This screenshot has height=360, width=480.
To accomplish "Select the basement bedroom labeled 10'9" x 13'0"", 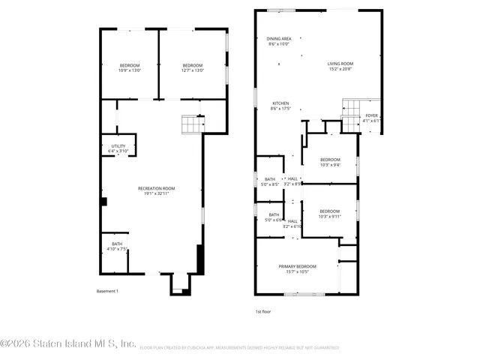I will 129,68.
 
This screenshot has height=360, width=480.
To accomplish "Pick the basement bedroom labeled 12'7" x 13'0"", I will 193,68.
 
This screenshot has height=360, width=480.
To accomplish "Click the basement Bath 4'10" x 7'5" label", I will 117,247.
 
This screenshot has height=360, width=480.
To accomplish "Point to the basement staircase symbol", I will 193,124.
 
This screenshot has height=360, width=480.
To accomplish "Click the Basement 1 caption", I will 107,291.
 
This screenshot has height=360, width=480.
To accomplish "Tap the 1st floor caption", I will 263,310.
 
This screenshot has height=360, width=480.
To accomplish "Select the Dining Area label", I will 278,41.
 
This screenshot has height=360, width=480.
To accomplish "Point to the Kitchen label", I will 280,106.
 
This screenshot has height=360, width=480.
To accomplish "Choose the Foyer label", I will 371,118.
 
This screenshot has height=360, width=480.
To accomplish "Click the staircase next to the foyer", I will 351,113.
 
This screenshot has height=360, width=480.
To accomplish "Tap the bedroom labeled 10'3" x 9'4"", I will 330,162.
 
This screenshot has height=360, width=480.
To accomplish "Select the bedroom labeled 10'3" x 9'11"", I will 330,214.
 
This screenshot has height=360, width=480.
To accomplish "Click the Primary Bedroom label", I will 297,269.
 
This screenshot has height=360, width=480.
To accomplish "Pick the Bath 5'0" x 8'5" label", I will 269,181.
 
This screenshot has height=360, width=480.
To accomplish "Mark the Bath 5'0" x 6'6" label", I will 274,217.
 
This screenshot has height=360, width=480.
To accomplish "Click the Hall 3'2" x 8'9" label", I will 292,181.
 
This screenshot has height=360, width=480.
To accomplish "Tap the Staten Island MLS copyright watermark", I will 67,345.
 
